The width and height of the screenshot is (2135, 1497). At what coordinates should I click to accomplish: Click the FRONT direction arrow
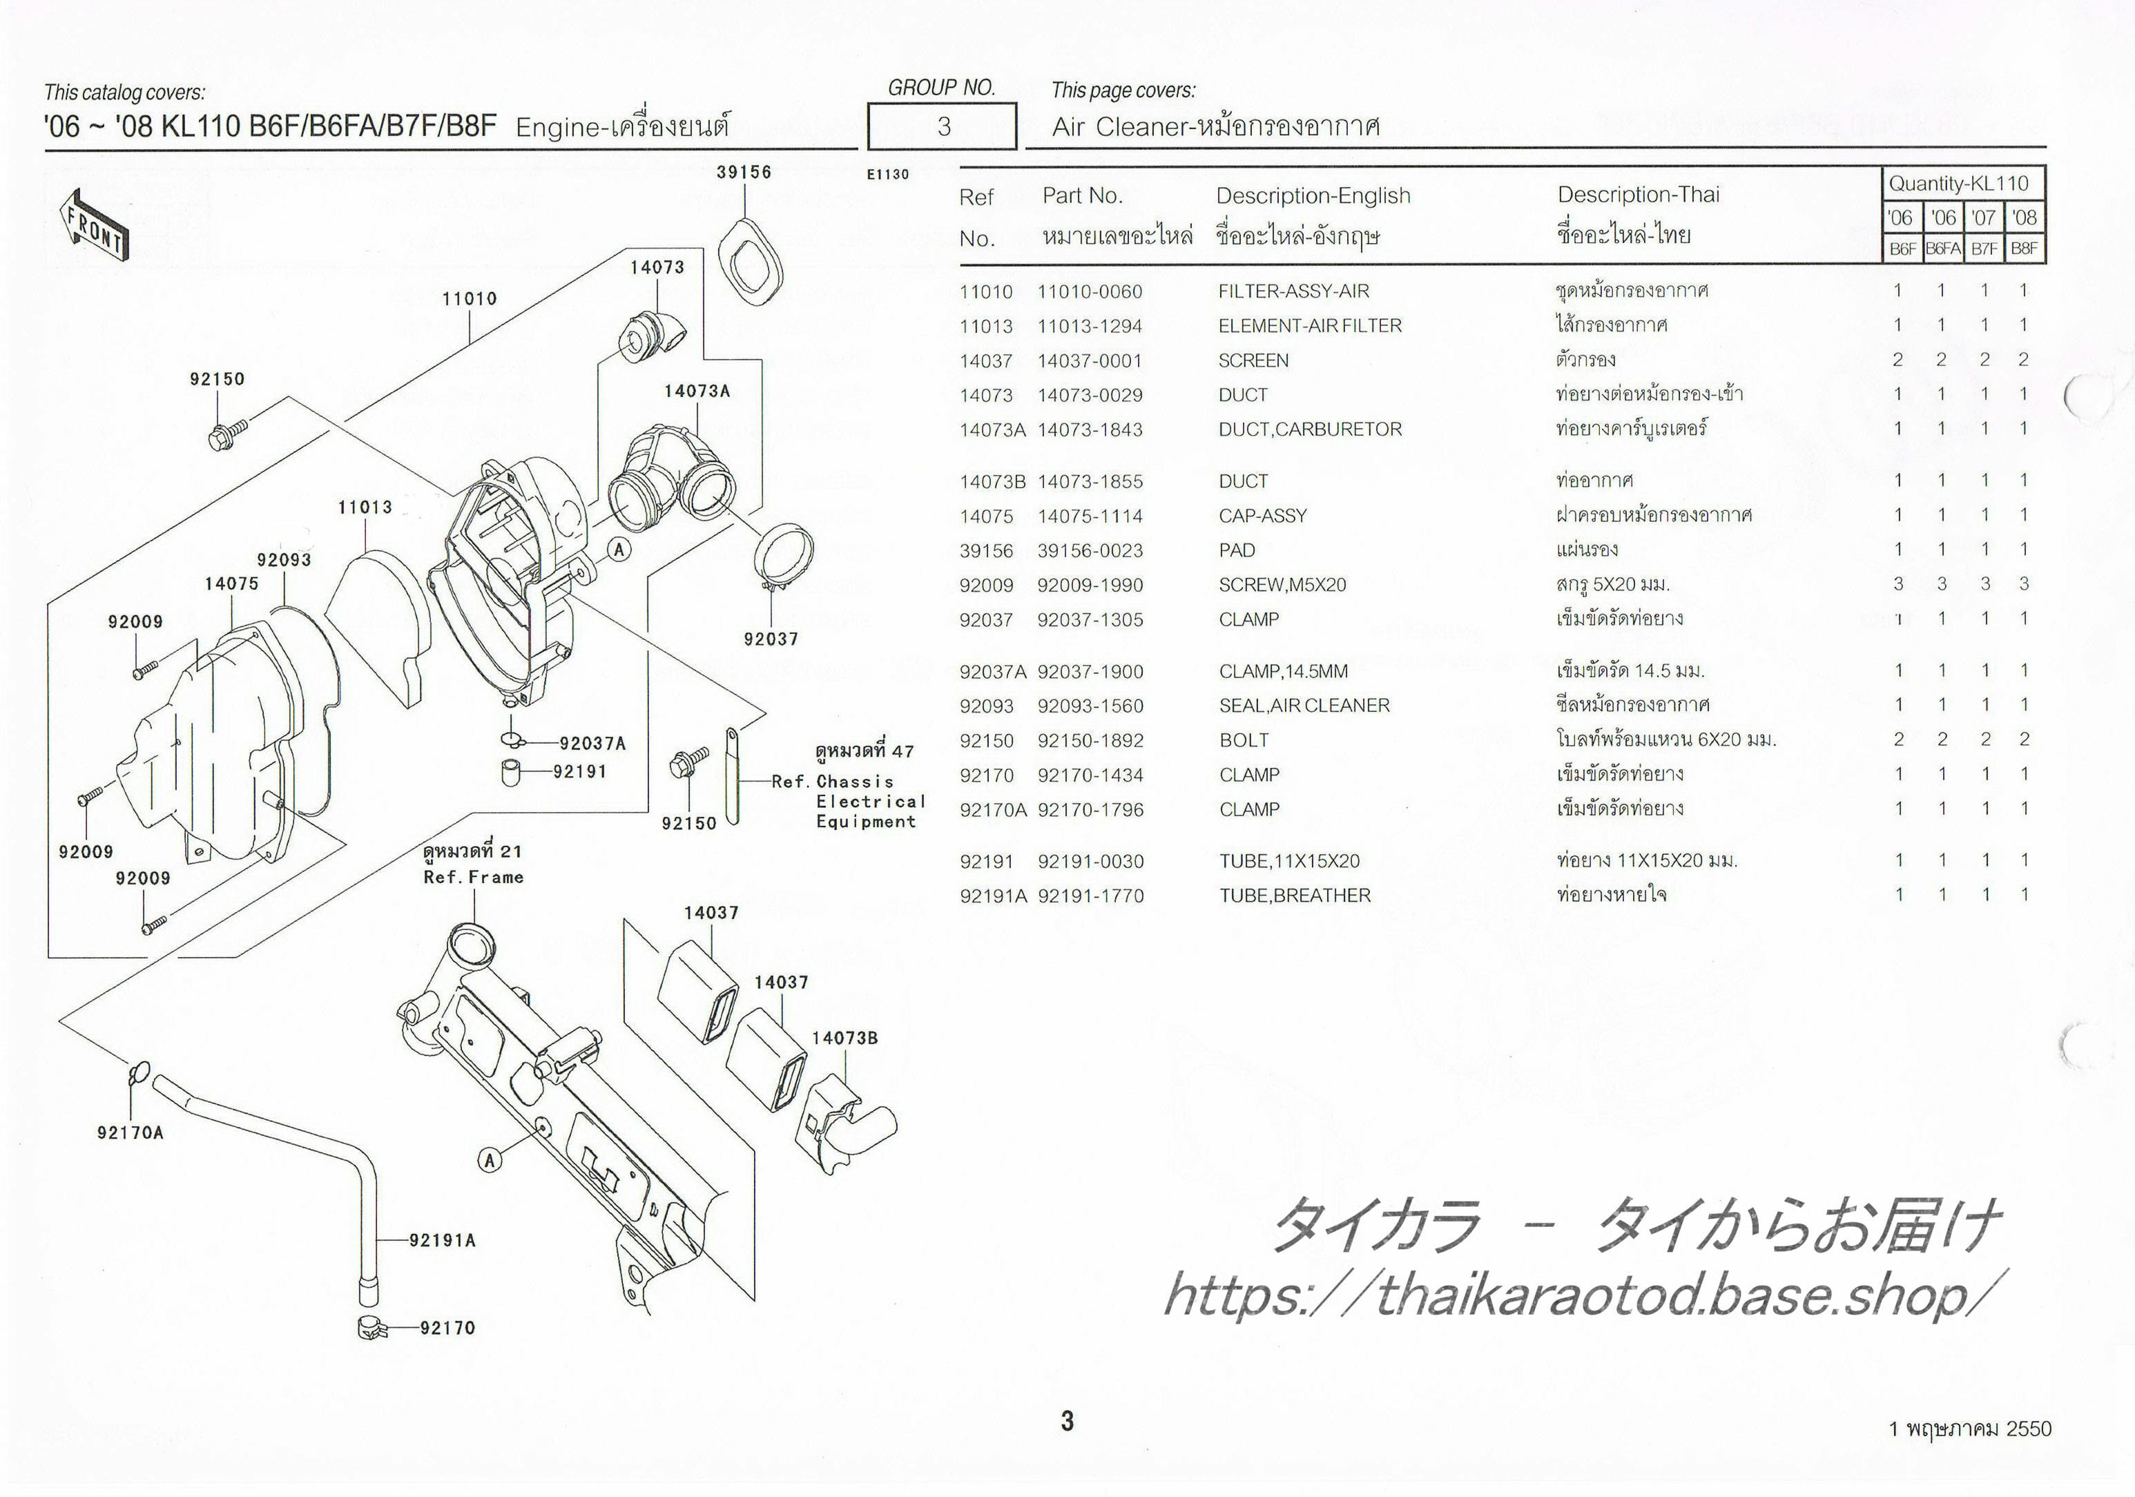[x=94, y=224]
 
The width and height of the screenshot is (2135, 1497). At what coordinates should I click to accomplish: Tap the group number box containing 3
[x=942, y=126]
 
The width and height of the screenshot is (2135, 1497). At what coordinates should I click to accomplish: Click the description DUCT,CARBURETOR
[x=1309, y=429]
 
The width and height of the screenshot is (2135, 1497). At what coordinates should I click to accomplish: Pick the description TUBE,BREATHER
[x=1295, y=896]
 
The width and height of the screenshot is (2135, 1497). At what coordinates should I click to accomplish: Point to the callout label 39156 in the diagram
[x=744, y=172]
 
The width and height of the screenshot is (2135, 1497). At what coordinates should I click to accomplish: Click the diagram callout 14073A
[x=697, y=392]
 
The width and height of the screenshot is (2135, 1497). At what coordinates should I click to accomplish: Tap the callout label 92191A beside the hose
[x=443, y=1240]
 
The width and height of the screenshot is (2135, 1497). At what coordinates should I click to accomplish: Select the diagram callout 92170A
[x=131, y=1132]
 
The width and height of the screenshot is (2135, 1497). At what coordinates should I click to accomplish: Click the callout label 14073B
[x=844, y=1038]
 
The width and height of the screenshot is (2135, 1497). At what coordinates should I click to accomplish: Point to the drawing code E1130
[x=887, y=174]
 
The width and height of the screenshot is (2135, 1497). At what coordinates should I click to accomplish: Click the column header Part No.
[x=1083, y=195]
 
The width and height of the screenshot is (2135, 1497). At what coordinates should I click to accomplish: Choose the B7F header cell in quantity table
[x=1984, y=249]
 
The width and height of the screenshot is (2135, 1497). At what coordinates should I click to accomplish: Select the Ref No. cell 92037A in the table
[x=992, y=671]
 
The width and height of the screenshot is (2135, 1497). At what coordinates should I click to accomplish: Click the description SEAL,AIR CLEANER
[x=1304, y=706]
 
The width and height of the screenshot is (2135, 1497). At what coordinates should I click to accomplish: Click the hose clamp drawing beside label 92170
[x=373, y=1329]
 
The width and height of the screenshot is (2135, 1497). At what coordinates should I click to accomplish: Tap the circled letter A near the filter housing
[x=619, y=550]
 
